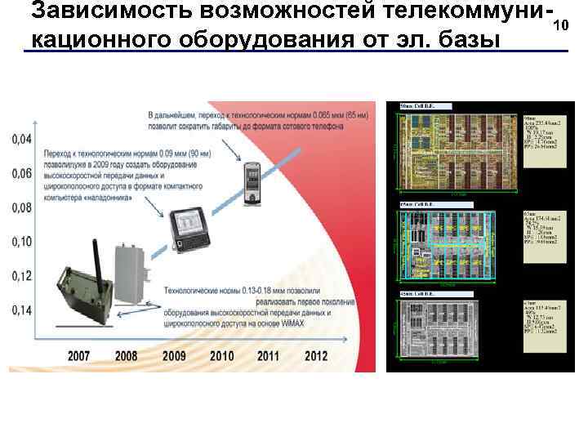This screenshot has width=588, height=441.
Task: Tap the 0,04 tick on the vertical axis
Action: click(x=22, y=139)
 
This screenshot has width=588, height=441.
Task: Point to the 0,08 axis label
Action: click(x=22, y=207)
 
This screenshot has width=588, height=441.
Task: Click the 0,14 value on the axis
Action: click(x=22, y=310)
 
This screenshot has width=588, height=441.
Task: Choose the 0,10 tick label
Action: click(x=22, y=242)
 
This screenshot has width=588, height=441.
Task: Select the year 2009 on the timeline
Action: click(x=174, y=356)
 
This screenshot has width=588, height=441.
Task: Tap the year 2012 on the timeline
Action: click(x=316, y=356)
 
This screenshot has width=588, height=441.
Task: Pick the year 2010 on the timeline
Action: click(x=221, y=356)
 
